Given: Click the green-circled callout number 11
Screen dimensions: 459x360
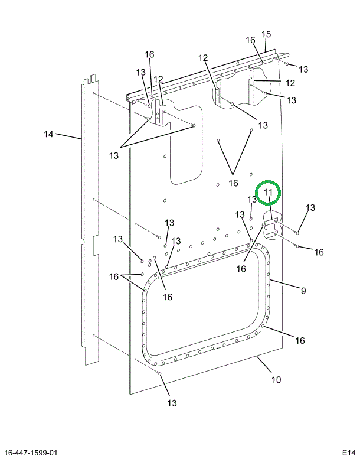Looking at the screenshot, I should [x=268, y=193].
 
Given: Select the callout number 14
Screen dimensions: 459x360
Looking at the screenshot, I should [x=49, y=134].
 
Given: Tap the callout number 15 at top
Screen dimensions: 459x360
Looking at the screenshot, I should [x=266, y=34].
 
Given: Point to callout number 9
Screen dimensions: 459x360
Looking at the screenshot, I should [x=303, y=290].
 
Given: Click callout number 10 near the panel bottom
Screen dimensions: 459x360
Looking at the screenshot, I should [x=276, y=379].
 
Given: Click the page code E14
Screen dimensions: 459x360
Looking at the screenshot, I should [x=349, y=453].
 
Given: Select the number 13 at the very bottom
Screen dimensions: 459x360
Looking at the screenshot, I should [x=172, y=403].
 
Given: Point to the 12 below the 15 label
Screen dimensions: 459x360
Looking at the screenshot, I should [x=203, y=58].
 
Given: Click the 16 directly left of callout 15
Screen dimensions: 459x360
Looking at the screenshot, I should [x=250, y=40].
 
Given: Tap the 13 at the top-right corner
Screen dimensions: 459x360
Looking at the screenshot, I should [x=303, y=69].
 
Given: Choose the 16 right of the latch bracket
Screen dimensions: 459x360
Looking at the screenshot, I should [x=319, y=252].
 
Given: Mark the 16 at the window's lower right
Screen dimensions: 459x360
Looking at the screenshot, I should [x=300, y=340].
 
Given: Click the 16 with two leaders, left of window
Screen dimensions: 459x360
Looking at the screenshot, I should [x=114, y=276].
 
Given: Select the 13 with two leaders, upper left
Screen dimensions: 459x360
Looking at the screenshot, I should [x=113, y=155].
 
